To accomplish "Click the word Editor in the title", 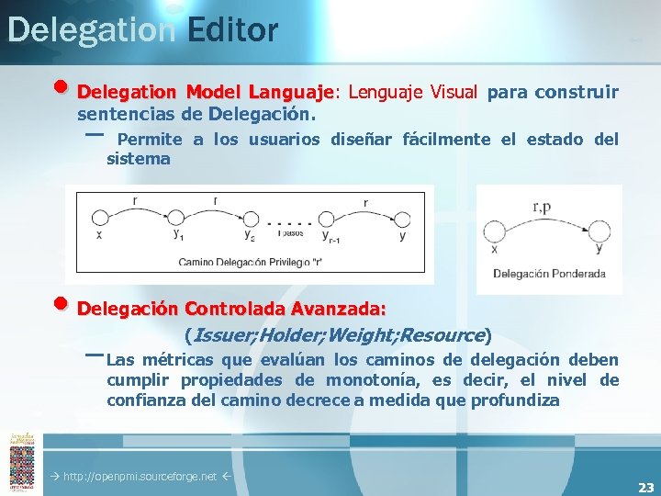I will coord(231,29).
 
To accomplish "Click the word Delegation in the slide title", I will coord(90,29).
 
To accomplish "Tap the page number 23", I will coord(646,488).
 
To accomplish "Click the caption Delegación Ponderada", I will coord(549,273).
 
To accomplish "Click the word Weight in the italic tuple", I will coord(363,335).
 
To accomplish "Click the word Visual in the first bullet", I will coord(451,92).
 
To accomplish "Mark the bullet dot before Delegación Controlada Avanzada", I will coord(61,304).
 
